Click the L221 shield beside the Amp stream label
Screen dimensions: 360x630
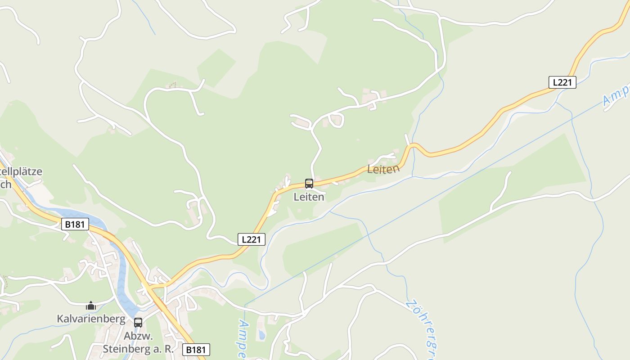click(x=562, y=82)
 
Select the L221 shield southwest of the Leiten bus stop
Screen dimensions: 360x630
click(x=251, y=239)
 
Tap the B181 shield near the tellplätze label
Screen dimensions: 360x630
click(x=75, y=224)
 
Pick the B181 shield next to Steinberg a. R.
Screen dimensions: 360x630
click(x=196, y=350)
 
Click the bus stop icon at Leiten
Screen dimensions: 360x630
click(x=309, y=184)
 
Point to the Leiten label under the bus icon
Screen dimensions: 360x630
click(x=309, y=197)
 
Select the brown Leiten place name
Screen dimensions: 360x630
click(x=383, y=169)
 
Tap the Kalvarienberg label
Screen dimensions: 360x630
click(x=91, y=319)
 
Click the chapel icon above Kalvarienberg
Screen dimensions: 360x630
click(x=91, y=306)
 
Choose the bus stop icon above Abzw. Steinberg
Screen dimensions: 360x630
click(x=138, y=323)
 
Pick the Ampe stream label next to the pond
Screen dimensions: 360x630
click(x=243, y=340)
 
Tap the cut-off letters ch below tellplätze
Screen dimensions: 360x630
click(x=6, y=184)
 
